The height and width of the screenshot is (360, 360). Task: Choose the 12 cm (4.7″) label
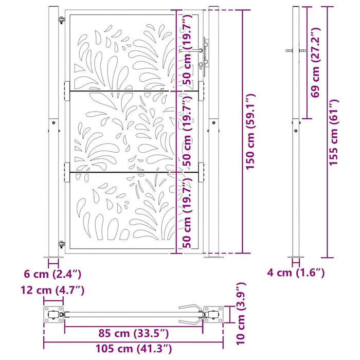pyautogui.click(x=52, y=290)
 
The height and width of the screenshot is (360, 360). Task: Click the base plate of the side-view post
pyautogui.click(x=296, y=257)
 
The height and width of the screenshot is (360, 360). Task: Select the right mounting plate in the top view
pyautogui.click(x=213, y=314)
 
